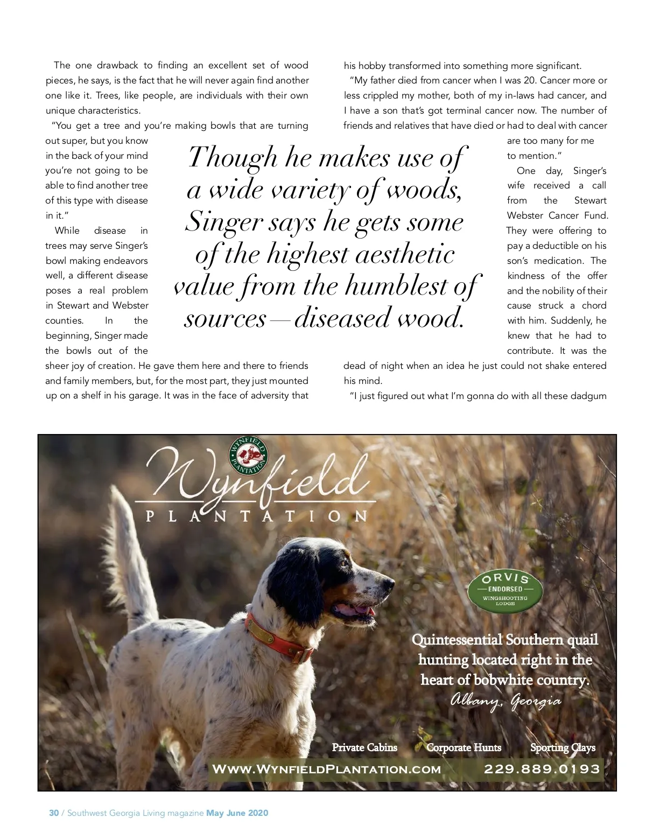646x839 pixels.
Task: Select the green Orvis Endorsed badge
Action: [504, 592]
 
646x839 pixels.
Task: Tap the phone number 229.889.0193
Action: [542, 769]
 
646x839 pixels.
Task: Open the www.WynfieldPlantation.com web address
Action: [326, 770]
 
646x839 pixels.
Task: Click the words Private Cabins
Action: [364, 747]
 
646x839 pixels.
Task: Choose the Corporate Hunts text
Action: [464, 747]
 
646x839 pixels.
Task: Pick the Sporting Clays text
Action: [563, 747]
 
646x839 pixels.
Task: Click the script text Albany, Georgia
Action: [505, 701]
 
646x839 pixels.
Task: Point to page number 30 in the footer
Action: [54, 813]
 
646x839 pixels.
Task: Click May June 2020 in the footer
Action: [237, 813]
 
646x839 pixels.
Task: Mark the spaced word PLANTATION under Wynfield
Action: [257, 516]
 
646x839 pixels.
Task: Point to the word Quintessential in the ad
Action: [457, 640]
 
